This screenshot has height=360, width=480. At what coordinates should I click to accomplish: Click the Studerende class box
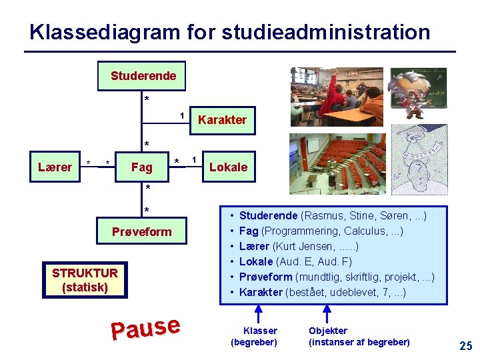[x=142, y=76]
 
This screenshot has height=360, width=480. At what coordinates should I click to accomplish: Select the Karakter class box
[x=222, y=120]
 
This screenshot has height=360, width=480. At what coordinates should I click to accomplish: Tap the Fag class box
[x=141, y=167]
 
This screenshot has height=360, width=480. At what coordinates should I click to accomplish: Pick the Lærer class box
[x=55, y=167]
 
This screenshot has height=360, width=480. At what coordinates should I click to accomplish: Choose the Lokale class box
[x=228, y=167]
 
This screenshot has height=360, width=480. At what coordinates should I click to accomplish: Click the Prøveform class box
[x=141, y=232]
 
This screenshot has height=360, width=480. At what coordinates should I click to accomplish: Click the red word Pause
[x=146, y=327]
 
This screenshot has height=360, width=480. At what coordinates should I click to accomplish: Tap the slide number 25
[x=465, y=345]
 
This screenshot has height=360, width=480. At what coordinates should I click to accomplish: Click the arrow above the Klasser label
[x=260, y=313]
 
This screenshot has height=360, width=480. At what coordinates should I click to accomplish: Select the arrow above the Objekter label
[x=327, y=313]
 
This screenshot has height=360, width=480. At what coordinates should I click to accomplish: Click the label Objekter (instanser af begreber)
[x=359, y=337]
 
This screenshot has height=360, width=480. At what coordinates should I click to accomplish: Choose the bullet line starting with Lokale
[x=295, y=261]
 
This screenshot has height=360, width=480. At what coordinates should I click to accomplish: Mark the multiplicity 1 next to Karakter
[x=182, y=115]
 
